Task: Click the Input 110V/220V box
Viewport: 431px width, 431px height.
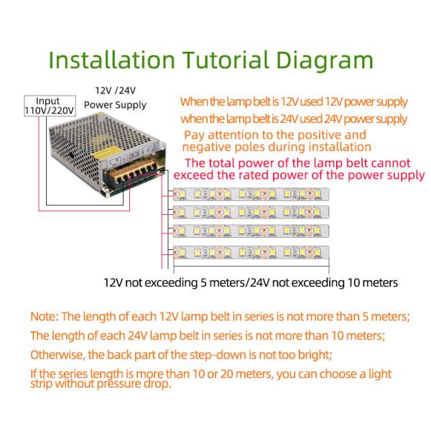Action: click(x=48, y=106)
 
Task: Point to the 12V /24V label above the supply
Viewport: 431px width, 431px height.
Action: click(x=115, y=91)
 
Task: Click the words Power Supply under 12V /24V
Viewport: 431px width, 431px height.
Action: click(x=115, y=105)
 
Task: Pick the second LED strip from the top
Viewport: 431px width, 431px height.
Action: click(x=251, y=213)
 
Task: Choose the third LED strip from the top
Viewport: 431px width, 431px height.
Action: click(x=251, y=232)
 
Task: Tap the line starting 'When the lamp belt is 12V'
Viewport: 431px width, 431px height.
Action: click(x=293, y=102)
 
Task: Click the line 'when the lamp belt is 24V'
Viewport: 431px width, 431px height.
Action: click(x=293, y=119)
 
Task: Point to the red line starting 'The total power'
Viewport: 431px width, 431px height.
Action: click(x=298, y=163)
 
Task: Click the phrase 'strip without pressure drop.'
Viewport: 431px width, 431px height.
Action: click(x=101, y=384)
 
